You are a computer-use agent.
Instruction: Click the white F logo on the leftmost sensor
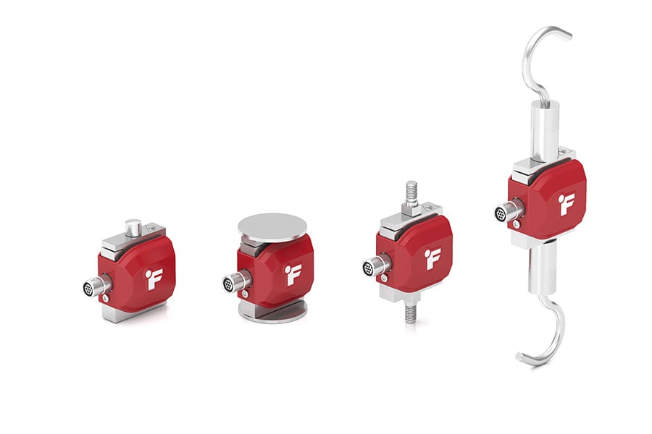point(155,278)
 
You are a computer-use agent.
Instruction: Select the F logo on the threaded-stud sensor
point(432,259)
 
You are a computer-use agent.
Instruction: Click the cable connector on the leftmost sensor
point(96,286)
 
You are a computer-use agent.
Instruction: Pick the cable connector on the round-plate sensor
point(236,282)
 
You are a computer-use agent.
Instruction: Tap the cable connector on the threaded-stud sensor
point(376,265)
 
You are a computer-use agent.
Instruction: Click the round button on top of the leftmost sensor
point(133,228)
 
